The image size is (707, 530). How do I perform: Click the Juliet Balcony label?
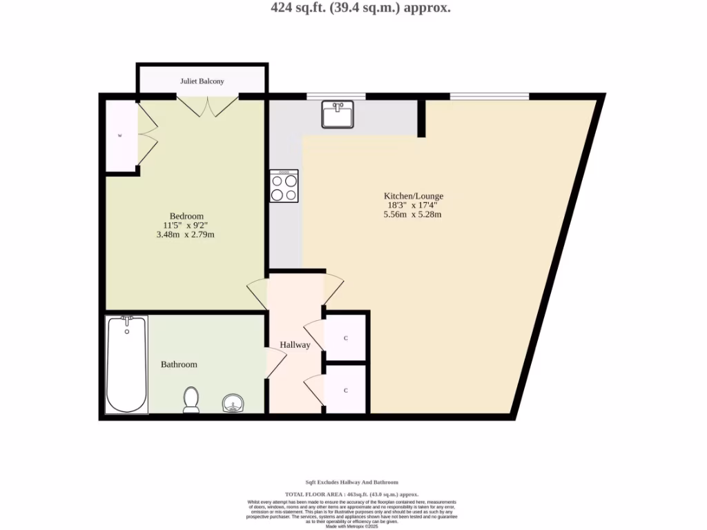point(202,81)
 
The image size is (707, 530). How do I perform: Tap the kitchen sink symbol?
point(338,115)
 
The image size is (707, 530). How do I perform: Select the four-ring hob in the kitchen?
point(284,186)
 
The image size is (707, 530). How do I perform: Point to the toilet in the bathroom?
point(191,400)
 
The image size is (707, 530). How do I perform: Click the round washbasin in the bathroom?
point(233,403)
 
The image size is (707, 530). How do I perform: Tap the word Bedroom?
point(186,216)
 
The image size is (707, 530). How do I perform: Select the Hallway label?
point(295,344)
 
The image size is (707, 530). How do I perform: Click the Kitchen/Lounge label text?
point(414,196)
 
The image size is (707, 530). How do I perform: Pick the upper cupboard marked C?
point(345,338)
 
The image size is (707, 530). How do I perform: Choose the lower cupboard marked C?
point(345,390)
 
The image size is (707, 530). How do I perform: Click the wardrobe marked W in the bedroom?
point(121,136)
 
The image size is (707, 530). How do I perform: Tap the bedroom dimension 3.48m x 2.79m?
point(186,235)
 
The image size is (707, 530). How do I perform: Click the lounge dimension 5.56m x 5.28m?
point(412,215)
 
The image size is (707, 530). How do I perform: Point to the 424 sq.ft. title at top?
point(360,8)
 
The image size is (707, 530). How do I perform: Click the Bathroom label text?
point(179,364)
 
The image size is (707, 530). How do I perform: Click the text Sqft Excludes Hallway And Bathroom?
point(351,482)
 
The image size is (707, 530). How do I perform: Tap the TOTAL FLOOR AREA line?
point(352,494)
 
